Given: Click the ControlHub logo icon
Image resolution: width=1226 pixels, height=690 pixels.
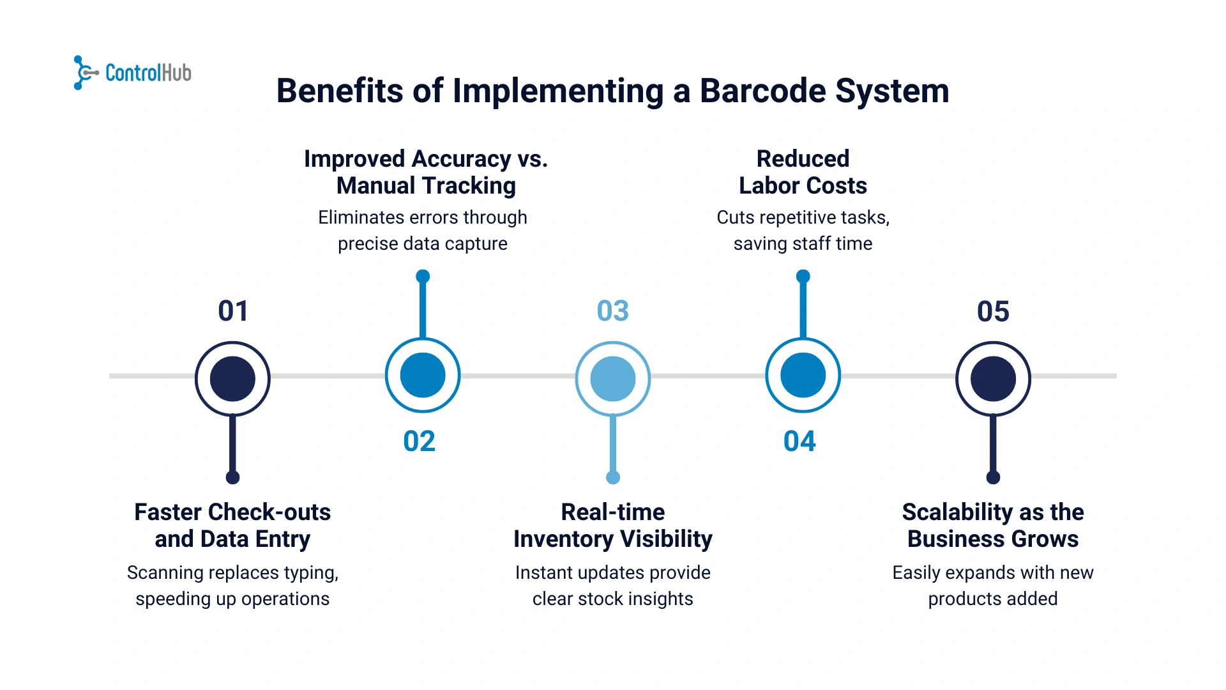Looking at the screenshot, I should point(84,73).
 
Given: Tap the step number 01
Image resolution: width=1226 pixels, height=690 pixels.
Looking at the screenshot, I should point(233,311).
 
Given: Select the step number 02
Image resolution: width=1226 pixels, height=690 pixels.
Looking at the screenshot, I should point(420,441).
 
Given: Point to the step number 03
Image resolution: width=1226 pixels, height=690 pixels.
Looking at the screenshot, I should point(613,311).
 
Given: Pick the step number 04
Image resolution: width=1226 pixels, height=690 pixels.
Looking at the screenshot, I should point(799,441).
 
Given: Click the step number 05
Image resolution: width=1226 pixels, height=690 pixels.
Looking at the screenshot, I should point(993,311).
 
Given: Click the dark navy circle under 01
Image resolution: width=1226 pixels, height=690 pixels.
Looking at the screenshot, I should point(232,379).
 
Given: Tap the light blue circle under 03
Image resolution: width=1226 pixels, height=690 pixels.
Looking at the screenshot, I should point(613,379).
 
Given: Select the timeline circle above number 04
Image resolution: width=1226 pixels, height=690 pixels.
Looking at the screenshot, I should point(803,375).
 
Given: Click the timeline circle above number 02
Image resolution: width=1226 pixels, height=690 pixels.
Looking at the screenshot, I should point(423,375).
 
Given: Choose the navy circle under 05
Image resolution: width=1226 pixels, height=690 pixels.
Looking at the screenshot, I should point(993,379).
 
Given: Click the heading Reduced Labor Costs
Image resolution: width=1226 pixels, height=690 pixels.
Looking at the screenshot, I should point(803,172).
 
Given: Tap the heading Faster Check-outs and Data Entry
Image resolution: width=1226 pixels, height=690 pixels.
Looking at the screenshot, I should point(232,525).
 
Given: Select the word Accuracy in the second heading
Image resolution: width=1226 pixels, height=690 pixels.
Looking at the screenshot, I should point(462,159).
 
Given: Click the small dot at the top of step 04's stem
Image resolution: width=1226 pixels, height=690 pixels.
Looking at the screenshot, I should point(803,277).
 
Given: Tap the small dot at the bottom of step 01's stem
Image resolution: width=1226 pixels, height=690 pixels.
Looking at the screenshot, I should point(232,477).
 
